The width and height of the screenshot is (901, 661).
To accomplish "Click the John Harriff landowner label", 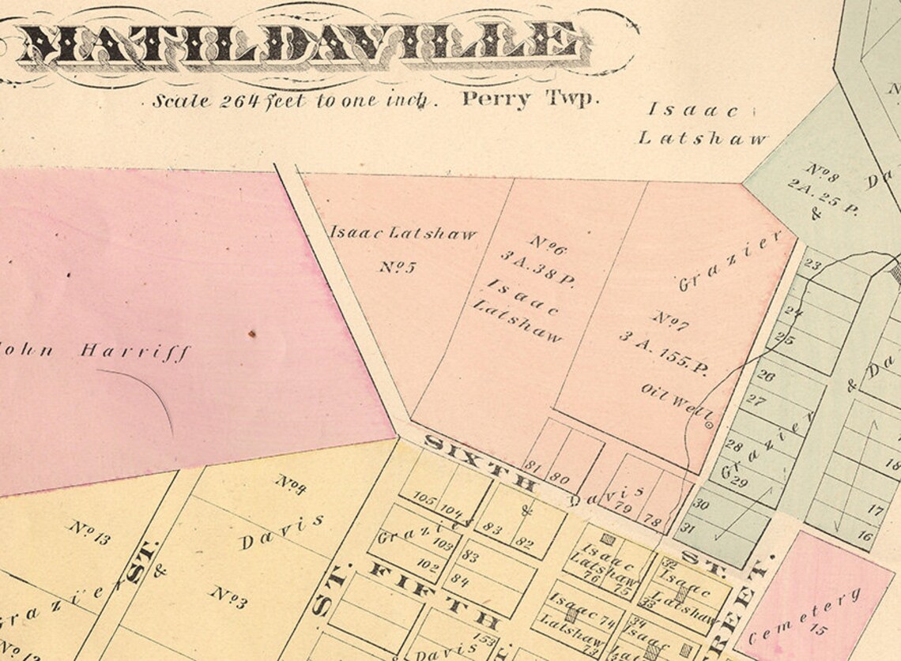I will pos(95,350).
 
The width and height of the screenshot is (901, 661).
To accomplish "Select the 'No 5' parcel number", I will pos(397,266).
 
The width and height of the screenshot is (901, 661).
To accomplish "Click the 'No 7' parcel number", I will pos(670,321).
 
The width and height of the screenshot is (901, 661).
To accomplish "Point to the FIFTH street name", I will pos(431,596).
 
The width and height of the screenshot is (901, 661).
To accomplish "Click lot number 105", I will pos(424,499).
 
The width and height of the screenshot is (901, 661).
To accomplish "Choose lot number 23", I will pos(811,265).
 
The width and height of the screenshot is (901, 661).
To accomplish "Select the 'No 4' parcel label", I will pos(290,484).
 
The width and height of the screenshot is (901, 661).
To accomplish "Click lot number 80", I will pos(560,477).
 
